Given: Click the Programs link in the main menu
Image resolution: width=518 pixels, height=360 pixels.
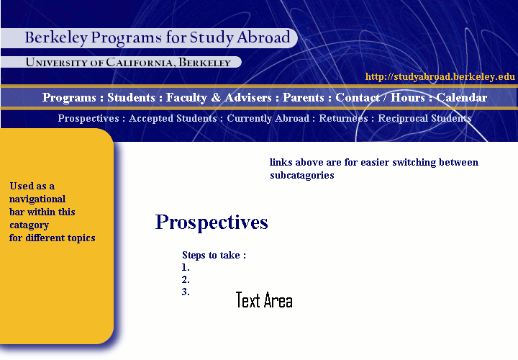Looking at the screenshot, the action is coord(69,97).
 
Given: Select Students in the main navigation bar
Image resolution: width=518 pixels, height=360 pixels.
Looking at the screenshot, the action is coord(131,97).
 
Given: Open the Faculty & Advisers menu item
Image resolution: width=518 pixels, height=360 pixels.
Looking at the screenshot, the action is coord(219,97).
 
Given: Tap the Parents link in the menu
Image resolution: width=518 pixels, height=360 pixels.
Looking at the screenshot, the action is coord(304,97).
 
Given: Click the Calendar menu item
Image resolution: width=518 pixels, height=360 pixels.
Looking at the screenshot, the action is coord(461,97).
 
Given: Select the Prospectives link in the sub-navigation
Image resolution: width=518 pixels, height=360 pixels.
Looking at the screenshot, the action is coord(88,118).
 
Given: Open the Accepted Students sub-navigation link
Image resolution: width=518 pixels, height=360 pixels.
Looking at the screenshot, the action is coord(173,118).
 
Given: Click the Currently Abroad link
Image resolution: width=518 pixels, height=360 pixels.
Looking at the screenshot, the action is coord(268,118).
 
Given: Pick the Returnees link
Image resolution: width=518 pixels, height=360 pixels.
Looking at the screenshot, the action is coord(343,118).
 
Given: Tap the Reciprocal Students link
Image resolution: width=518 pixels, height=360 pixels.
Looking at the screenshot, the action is coord(424,118).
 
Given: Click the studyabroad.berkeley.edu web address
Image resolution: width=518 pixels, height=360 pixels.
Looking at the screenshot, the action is coord(440,77).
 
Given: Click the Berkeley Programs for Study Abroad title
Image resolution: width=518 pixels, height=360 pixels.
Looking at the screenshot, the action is coord(158,37).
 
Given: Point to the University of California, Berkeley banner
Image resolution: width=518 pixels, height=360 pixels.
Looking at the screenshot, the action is coord(128,62).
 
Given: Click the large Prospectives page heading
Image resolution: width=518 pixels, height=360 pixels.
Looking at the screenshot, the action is coord(212,222).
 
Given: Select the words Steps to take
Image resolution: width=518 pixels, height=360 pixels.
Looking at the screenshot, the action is coord(211,255).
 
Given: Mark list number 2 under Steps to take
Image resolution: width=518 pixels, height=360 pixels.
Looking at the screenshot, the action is coord(186,279).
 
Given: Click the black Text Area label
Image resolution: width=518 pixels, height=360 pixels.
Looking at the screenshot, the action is coord(264,300).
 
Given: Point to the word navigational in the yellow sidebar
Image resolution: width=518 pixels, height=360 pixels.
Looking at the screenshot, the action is coord(37,199).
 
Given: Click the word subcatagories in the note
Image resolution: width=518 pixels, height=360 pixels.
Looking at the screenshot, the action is coord(302,175).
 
